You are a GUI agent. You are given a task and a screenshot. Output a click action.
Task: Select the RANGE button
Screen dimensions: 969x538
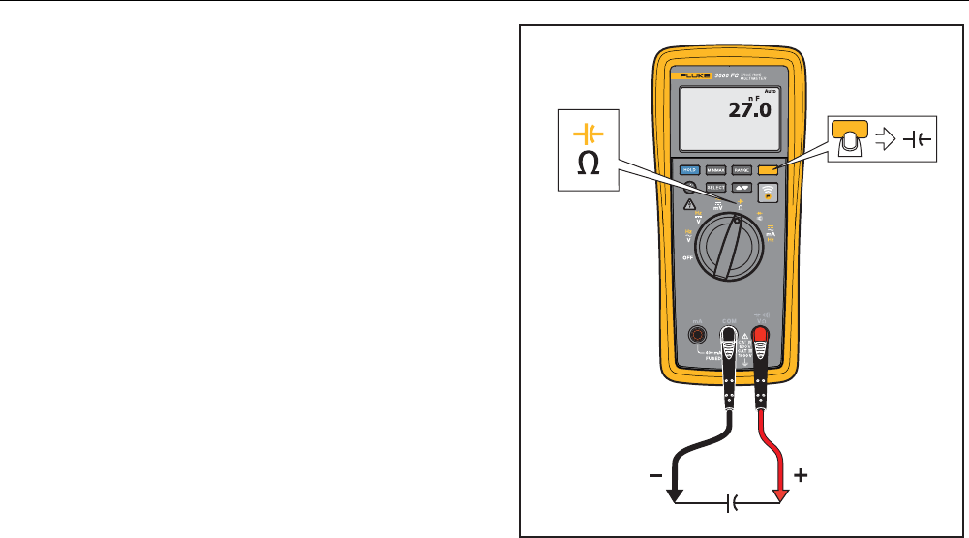point(741,169)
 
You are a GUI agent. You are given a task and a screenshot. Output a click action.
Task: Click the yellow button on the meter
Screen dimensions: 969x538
point(768,169)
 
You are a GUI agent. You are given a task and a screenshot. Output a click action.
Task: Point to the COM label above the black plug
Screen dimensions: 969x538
point(729,320)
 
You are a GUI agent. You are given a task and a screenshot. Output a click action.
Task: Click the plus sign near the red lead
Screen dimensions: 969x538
point(801,477)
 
